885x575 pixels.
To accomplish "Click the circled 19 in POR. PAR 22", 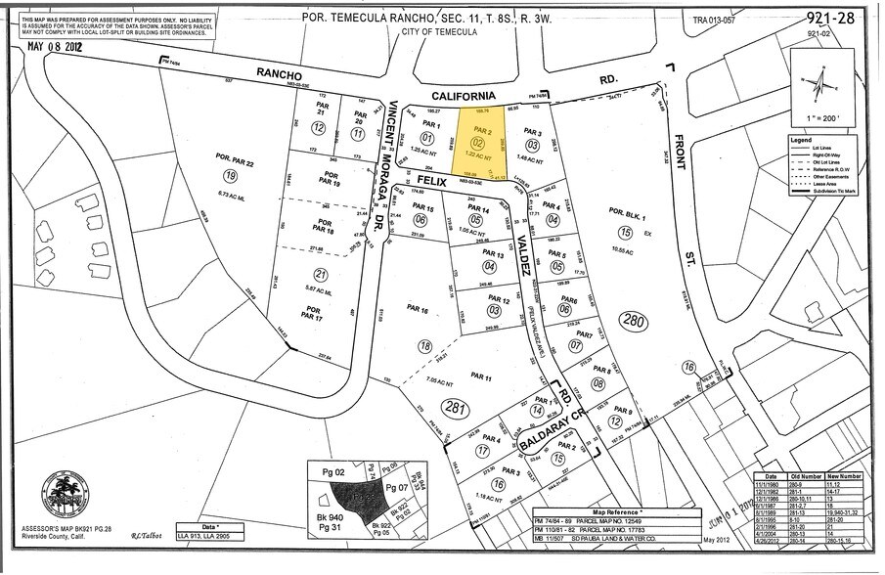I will (230, 177).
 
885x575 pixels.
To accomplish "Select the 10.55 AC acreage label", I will (623, 249).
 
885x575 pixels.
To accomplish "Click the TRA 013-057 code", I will (715, 20).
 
